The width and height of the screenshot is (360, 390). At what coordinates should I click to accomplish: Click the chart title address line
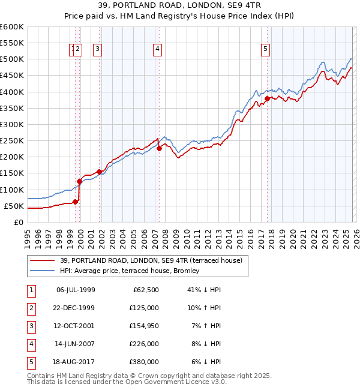[x=179, y=6]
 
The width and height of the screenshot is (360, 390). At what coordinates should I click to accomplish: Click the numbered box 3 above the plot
[x=97, y=50]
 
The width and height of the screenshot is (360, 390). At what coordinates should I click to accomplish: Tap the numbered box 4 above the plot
[x=157, y=50]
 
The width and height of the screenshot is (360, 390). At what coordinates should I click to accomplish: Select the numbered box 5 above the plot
[x=265, y=50]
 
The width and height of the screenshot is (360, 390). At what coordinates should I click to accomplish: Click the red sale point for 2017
[x=267, y=98]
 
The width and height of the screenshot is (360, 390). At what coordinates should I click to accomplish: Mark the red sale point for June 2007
[x=159, y=148]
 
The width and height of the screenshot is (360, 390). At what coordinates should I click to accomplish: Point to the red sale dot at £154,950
[x=99, y=172]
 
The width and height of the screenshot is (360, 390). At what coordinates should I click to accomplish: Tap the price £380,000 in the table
[x=144, y=362]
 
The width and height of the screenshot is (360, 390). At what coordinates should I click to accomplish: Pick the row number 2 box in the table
[x=31, y=308]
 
